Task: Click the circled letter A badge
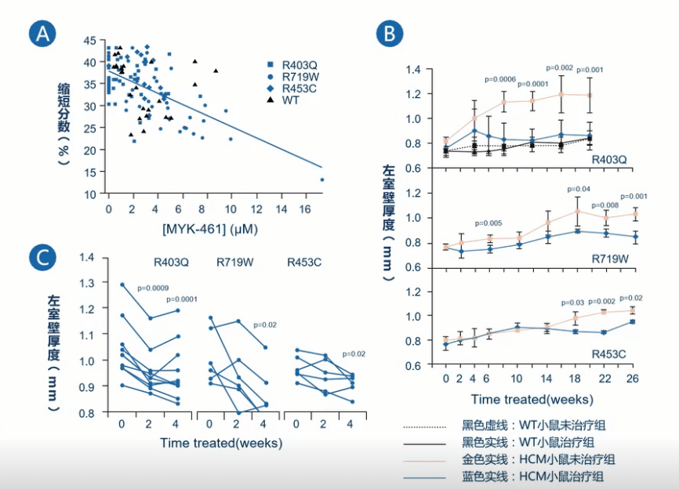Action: (43, 34)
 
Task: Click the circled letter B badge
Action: (390, 34)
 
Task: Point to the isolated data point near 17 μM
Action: (321, 179)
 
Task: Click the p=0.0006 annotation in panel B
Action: (500, 79)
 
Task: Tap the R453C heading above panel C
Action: (304, 262)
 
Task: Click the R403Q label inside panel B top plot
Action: (608, 160)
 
